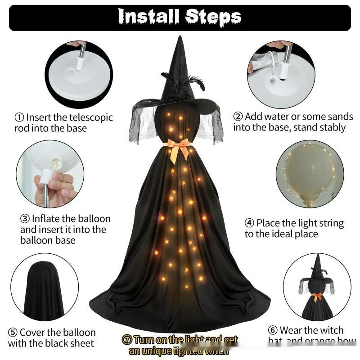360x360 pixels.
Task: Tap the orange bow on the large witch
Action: tap(179, 148)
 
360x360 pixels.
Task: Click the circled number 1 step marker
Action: tap(19, 117)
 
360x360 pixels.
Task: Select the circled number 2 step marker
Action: tap(238, 117)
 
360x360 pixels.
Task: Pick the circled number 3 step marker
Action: tap(25, 219)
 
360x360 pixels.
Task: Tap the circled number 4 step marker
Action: tap(249, 223)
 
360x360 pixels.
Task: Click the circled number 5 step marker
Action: tap(13, 333)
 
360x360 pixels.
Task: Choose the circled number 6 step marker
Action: tap(273, 331)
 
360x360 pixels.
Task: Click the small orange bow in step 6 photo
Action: tap(318, 297)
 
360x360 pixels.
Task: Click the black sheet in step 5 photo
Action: tap(43, 292)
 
